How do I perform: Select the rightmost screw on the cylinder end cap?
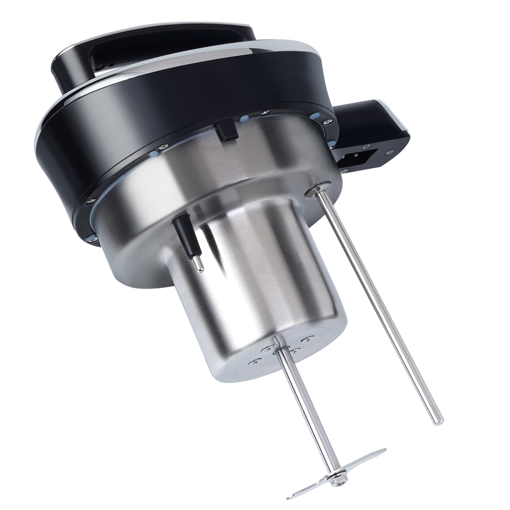(x=310, y=338)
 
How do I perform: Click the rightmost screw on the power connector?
(x=391, y=152)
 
